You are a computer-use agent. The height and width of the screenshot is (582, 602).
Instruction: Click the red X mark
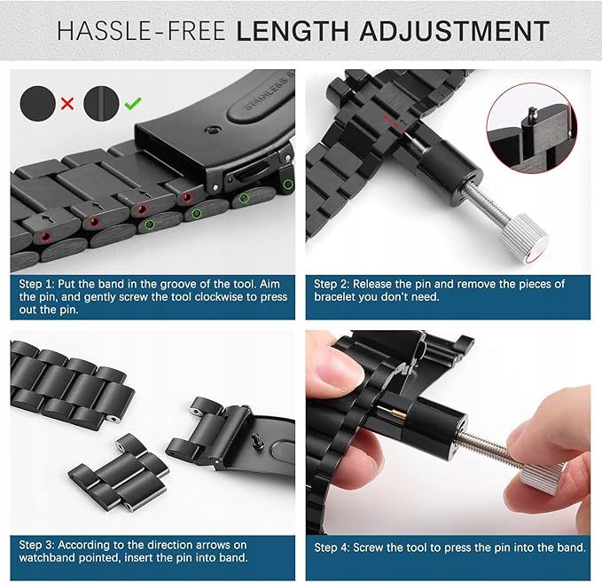click(67, 103)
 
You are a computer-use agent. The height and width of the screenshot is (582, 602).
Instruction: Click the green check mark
click(133, 103)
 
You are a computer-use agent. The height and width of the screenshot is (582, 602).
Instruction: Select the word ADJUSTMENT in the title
click(454, 31)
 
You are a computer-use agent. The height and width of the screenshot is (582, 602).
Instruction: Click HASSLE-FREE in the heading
click(141, 31)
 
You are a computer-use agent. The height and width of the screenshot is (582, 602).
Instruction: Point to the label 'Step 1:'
click(36, 284)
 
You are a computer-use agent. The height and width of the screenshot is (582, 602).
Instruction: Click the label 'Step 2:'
click(332, 284)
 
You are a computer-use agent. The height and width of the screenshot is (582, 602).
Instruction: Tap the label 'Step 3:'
click(37, 545)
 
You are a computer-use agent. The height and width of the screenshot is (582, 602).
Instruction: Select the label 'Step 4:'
click(332, 547)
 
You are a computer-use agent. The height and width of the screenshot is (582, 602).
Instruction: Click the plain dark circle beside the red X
click(37, 104)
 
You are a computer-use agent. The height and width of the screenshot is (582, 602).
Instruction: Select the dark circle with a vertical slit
click(101, 104)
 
